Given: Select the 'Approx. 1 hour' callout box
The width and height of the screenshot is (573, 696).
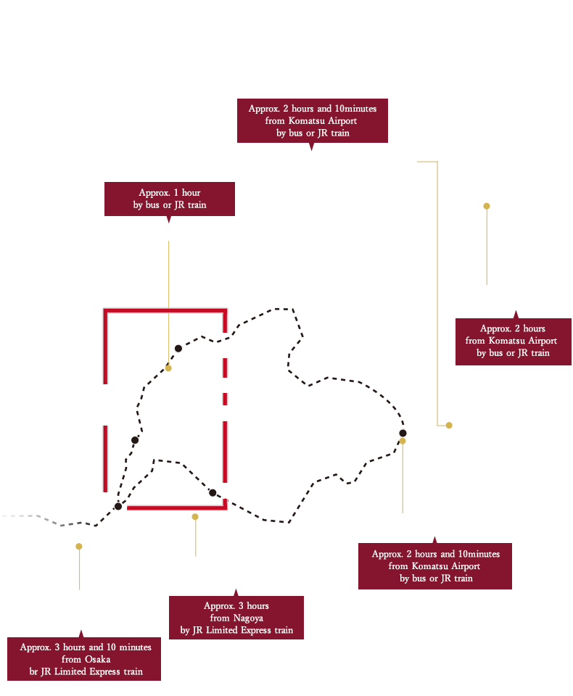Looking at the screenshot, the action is (x=170, y=199).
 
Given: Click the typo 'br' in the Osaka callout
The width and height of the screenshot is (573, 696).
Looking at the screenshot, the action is (x=34, y=671).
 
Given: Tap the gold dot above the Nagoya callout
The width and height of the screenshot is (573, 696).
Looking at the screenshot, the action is (x=195, y=517).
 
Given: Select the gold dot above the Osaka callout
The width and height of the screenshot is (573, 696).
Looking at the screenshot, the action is (x=78, y=547).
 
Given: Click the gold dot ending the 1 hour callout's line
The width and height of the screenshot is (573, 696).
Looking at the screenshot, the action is (x=168, y=368).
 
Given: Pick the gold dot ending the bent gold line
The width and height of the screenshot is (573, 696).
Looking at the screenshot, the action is (x=449, y=426).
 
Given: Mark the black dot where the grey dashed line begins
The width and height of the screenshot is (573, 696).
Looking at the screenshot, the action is (x=118, y=507).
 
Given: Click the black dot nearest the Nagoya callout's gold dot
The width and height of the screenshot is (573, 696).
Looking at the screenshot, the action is (x=213, y=493).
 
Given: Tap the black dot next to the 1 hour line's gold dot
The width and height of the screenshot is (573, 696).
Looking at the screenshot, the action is (x=178, y=349).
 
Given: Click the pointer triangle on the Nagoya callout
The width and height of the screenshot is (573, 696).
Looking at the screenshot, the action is (x=236, y=593).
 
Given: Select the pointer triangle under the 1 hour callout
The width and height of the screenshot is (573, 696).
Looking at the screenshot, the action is (x=169, y=219).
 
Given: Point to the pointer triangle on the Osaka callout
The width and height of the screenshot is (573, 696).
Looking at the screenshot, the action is (x=81, y=634).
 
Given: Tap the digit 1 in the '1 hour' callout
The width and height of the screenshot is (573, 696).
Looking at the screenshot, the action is (x=176, y=193).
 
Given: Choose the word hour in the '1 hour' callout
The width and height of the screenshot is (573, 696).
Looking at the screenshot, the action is (x=191, y=193).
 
